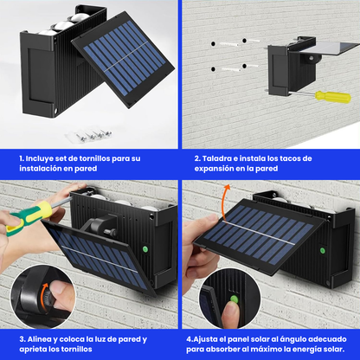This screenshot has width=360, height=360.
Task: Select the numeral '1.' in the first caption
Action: pos(22,158)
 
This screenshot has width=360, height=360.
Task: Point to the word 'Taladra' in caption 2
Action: pos(218,158)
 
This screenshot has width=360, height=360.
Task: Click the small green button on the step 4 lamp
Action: pos(322,251)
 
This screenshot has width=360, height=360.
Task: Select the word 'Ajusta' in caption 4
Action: pos(208,338)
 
